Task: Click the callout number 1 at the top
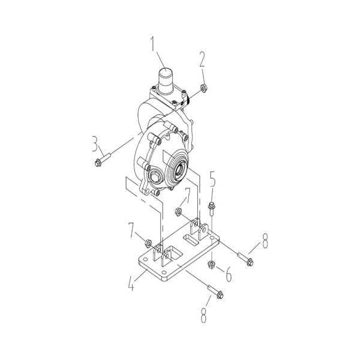click(153, 44)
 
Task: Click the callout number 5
click(212, 178)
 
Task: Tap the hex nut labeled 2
click(203, 88)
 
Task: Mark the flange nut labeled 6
click(211, 264)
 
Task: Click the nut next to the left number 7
click(148, 243)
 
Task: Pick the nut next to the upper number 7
click(179, 211)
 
